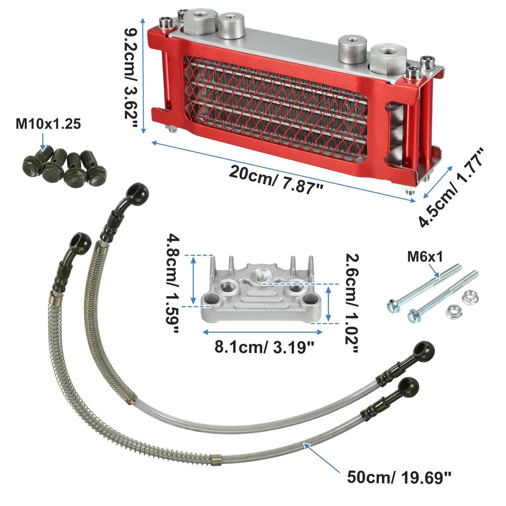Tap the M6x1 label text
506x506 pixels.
coord(424,257)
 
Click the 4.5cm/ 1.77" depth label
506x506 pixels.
coord(451,187)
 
